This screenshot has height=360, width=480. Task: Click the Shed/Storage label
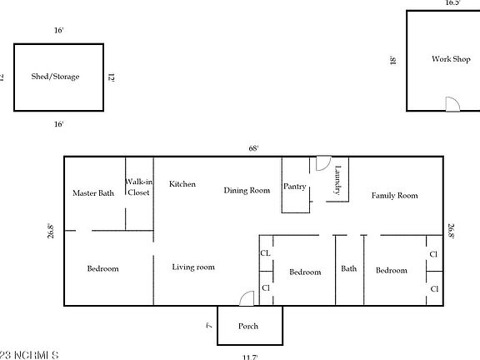[x=56, y=77]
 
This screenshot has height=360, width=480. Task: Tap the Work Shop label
[x=451, y=59]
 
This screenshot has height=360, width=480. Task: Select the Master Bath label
[x=93, y=193]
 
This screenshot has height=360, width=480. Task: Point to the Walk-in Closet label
[x=138, y=187]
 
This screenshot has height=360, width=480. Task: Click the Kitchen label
[x=182, y=183]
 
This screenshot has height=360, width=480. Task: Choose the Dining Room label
[x=247, y=190]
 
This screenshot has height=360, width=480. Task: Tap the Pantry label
[x=295, y=187]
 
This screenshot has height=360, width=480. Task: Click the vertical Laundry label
[x=338, y=181]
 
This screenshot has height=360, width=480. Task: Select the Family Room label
[x=394, y=196]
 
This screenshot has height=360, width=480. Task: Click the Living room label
[x=193, y=267]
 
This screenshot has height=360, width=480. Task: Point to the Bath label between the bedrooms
[x=349, y=269]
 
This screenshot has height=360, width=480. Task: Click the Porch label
[x=249, y=326]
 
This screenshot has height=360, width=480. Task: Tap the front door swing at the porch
[x=246, y=298]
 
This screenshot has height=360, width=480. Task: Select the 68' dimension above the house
[x=252, y=147]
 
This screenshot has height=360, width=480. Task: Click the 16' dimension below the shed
[x=59, y=123]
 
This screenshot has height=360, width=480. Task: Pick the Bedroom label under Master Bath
[x=103, y=269]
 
